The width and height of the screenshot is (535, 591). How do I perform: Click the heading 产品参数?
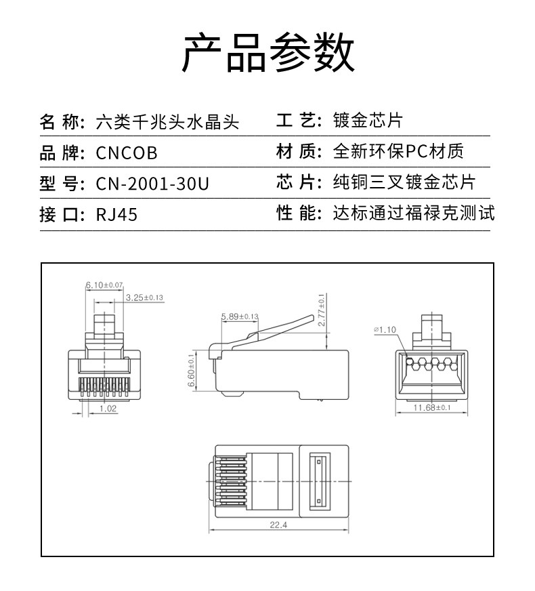point(267,54)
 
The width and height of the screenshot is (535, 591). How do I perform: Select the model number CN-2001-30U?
point(153,184)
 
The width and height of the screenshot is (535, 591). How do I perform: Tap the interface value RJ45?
point(116,215)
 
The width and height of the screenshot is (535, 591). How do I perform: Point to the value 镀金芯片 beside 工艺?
point(368,121)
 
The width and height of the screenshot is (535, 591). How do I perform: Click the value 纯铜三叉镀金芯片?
point(404,182)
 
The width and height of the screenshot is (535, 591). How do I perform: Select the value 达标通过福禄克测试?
point(414,213)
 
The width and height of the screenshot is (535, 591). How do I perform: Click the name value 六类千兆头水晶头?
point(167,123)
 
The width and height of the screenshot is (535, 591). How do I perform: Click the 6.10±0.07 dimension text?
point(104,285)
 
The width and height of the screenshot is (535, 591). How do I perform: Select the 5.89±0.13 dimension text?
point(240,316)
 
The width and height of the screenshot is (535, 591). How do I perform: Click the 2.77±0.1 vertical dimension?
point(322,310)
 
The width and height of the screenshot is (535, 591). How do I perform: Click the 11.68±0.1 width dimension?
point(432,407)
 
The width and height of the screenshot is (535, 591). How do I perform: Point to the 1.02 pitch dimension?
point(108,408)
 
